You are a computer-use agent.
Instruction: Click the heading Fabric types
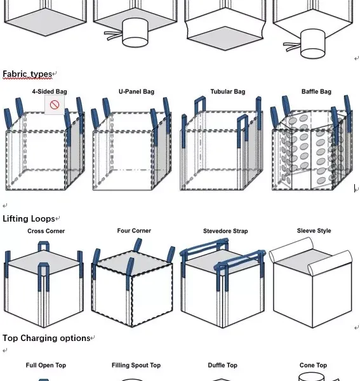27,74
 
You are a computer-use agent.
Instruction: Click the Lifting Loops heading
29,218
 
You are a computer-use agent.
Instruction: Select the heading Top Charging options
46,338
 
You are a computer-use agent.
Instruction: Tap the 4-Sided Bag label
50,91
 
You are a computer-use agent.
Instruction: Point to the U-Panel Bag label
137,91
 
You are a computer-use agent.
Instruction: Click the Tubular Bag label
228,91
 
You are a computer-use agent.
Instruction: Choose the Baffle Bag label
316,91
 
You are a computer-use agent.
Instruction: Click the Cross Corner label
46,231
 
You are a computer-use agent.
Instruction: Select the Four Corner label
134,231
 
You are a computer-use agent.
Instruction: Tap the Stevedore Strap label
225,231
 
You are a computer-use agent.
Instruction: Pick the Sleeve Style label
314,231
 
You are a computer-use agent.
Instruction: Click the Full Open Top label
46,365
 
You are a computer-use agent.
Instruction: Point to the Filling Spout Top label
136,365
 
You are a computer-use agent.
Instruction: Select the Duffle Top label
222,365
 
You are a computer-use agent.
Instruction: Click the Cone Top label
313,365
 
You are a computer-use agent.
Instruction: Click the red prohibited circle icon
55,105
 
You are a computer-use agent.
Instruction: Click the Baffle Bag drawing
311,143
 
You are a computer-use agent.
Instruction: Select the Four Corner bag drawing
133,283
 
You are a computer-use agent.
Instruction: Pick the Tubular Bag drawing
222,144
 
